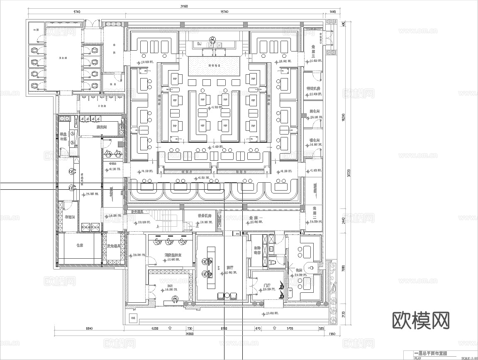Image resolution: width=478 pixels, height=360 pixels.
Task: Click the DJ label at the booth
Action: tap(199, 43)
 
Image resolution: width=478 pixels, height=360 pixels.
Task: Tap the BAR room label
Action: tap(170, 286)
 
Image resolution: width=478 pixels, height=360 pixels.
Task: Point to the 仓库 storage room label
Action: tap(80, 246)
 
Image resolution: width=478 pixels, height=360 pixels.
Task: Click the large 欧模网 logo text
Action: tap(421, 320)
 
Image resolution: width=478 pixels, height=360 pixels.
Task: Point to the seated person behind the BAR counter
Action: tap(176, 299)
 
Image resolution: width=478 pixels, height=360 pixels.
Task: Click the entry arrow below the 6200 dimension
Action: tap(169, 328)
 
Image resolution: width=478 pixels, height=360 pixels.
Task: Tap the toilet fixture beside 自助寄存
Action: tap(273, 262)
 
